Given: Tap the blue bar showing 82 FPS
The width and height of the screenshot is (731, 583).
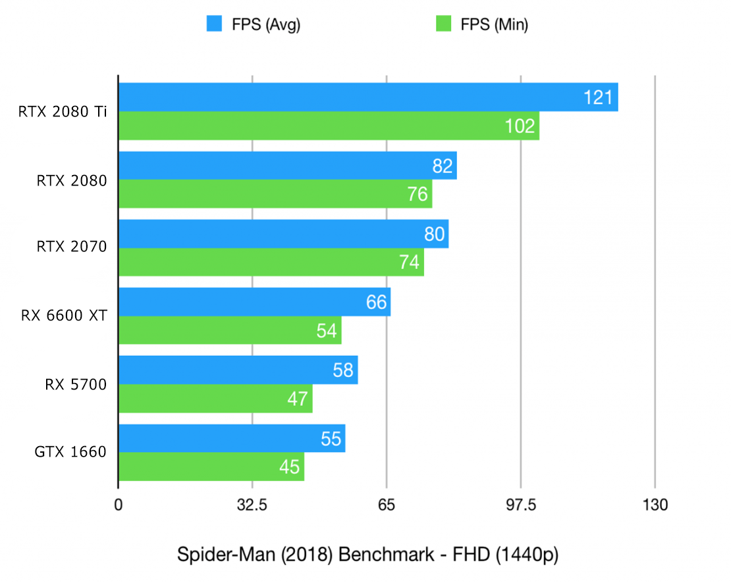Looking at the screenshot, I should (x=287, y=166).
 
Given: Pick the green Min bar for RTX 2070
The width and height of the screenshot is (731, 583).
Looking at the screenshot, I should (x=271, y=263).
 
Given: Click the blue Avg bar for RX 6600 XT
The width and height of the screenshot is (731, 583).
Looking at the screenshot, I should (x=254, y=302).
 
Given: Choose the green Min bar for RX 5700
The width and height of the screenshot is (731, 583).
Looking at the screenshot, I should (x=215, y=399).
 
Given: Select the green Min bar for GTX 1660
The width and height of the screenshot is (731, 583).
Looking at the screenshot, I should (x=211, y=467).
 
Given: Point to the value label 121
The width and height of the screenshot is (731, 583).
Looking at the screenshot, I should (x=598, y=98).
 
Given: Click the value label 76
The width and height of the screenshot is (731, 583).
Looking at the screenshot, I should (x=416, y=195).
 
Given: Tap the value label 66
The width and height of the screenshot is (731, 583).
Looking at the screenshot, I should (x=375, y=302).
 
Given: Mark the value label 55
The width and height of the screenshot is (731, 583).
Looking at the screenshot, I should (x=331, y=439).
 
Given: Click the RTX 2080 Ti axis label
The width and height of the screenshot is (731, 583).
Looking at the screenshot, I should (x=63, y=112).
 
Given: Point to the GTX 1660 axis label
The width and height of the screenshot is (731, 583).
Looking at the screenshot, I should (x=70, y=452).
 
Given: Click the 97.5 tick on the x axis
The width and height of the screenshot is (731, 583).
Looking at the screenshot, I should (x=520, y=505).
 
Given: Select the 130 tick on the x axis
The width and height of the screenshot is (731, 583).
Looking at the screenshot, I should (x=654, y=505).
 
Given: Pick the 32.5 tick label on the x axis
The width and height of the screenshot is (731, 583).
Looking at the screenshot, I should (x=252, y=505).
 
